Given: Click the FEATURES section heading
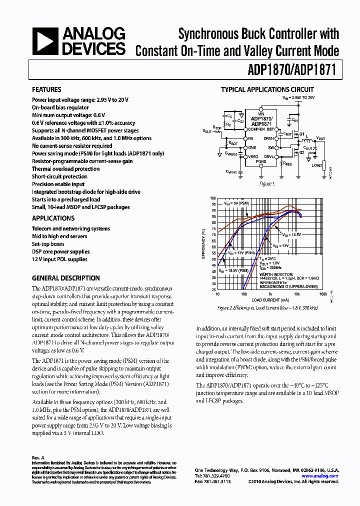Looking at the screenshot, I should [46, 89].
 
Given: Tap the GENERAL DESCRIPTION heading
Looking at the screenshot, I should [66, 278].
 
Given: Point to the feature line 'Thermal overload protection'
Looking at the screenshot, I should [65, 169].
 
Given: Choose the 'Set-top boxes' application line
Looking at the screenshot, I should [48, 244].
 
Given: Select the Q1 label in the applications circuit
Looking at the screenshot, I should [301, 134].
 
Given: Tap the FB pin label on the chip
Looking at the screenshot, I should [251, 138].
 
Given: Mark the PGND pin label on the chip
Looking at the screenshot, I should [261, 161].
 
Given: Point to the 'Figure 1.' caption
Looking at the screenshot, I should [266, 183].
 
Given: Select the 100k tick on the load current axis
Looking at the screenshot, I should [323, 294].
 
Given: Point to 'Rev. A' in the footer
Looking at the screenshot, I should [38, 457].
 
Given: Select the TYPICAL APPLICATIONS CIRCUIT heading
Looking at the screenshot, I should [267, 90].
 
